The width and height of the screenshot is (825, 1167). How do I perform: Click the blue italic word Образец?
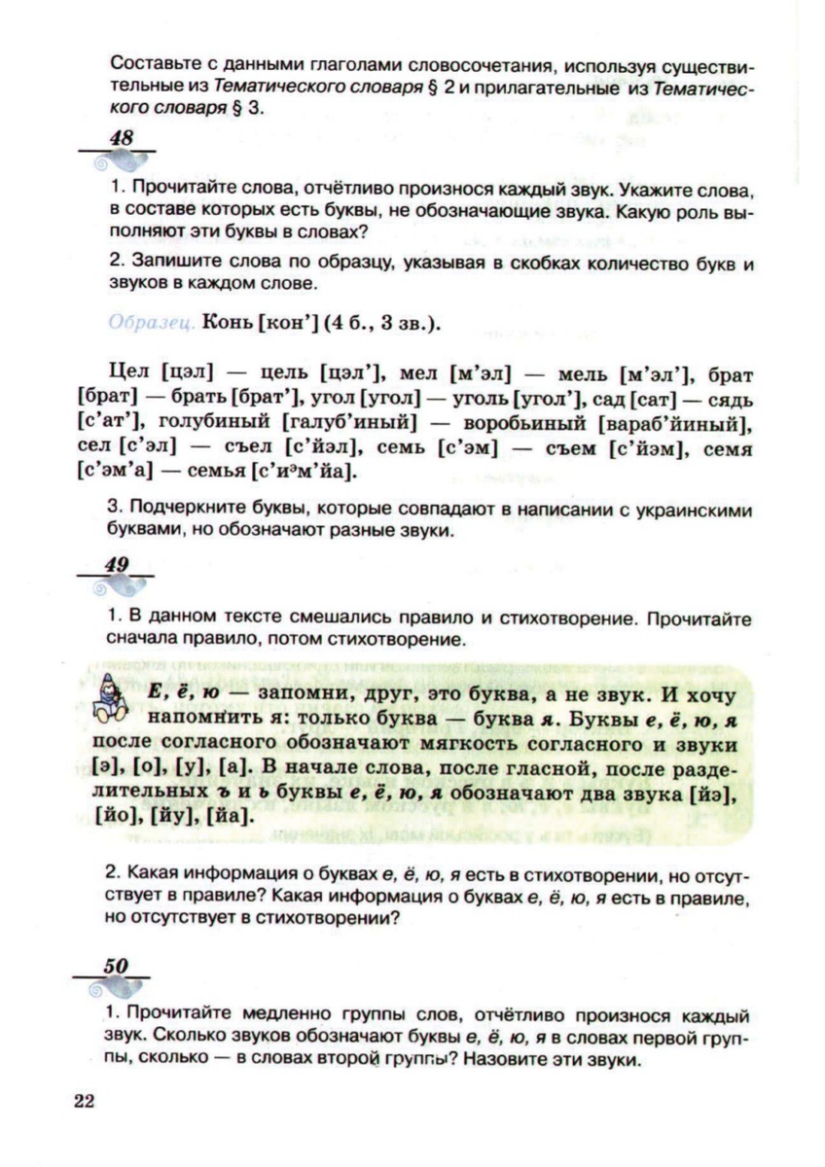pyautogui.click(x=149, y=322)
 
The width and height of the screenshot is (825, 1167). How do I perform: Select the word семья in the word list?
pyautogui.click(x=209, y=475)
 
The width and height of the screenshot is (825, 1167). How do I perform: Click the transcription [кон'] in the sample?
pyautogui.click(x=290, y=322)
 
